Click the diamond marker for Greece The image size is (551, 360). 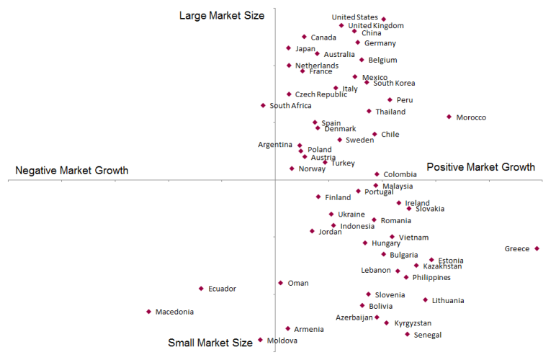(537, 248)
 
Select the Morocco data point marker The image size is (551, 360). (449, 117)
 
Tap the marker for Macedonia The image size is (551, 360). (148, 312)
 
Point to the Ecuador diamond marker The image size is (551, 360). (201, 289)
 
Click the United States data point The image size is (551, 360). (383, 19)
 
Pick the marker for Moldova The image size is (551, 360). (260, 340)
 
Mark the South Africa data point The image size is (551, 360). (263, 106)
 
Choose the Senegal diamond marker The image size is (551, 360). (407, 334)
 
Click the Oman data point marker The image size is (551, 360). (280, 283)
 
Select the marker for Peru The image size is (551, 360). (390, 100)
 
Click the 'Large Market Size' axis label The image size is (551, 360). (212, 15)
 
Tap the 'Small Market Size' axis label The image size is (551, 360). (210, 343)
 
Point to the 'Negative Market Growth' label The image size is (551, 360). (72, 171)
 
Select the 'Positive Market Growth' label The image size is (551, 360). (480, 167)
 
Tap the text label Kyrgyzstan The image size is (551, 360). (413, 323)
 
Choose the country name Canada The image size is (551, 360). (323, 37)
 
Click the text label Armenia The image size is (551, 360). (308, 329)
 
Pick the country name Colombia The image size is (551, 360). (400, 174)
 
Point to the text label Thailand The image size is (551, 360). (390, 112)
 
